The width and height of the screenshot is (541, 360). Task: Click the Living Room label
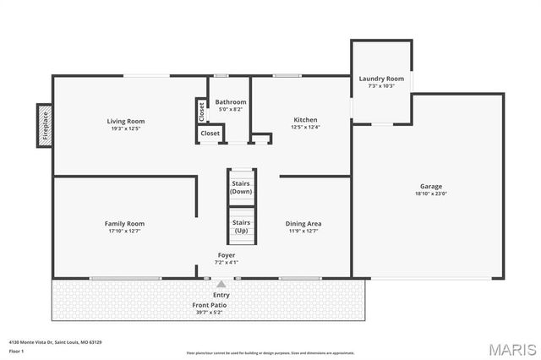[x=125, y=120]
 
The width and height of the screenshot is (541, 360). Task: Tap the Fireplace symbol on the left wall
[x=44, y=126]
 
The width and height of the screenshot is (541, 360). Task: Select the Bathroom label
[x=231, y=101]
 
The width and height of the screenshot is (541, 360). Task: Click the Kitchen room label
[x=305, y=119]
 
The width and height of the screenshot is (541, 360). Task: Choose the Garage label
[x=431, y=186]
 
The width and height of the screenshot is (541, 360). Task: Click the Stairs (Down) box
[x=241, y=188]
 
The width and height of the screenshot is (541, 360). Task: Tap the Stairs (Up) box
[x=241, y=226]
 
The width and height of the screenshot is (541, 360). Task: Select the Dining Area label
[x=303, y=223]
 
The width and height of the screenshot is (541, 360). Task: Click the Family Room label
[x=124, y=223]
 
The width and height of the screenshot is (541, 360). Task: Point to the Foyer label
[x=227, y=254]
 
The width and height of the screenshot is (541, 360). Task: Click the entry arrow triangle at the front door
[x=221, y=285]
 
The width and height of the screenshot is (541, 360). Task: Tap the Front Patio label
[x=209, y=304]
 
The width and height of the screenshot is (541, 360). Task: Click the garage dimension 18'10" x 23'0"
[x=431, y=194]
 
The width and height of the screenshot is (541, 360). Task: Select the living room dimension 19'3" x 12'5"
[x=125, y=128]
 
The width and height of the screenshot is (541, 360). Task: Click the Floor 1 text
[x=16, y=351]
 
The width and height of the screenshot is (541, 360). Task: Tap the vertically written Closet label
[x=201, y=110]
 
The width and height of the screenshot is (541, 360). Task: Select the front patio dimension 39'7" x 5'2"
[x=209, y=312]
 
